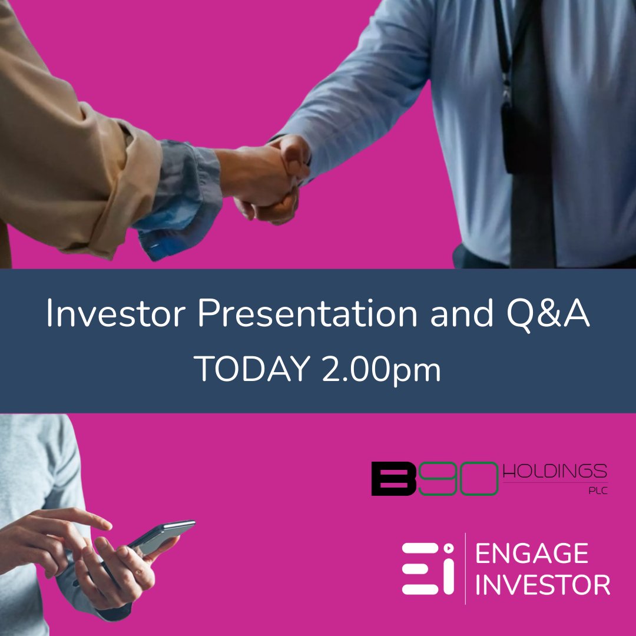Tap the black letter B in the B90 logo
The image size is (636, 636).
tap(394, 478)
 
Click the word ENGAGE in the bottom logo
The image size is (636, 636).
tap(531, 554)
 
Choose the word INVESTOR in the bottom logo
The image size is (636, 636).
tap(542, 585)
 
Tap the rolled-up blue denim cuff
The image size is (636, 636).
tap(177, 200)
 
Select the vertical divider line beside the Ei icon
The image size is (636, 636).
tap(465, 568)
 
